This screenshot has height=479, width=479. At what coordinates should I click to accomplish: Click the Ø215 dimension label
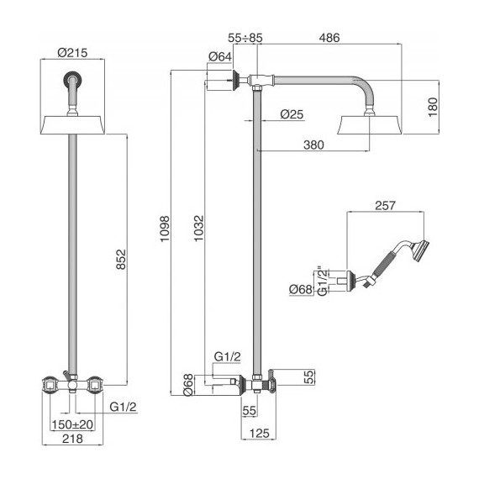(x=72, y=53)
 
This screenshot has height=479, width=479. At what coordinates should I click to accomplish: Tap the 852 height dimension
(x=121, y=260)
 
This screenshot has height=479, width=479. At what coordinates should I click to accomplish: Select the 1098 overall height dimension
(x=165, y=229)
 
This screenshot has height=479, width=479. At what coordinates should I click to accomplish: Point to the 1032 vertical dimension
(x=198, y=229)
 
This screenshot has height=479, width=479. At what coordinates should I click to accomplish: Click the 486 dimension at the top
(x=329, y=38)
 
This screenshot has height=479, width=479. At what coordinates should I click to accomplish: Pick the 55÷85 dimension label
(x=245, y=38)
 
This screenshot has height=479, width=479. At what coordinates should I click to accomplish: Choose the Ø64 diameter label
(x=220, y=56)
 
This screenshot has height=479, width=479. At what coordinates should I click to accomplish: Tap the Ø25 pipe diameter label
(x=292, y=114)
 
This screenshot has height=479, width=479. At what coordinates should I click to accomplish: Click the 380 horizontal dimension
(x=313, y=145)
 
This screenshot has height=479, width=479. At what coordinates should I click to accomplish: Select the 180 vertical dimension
(x=433, y=107)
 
